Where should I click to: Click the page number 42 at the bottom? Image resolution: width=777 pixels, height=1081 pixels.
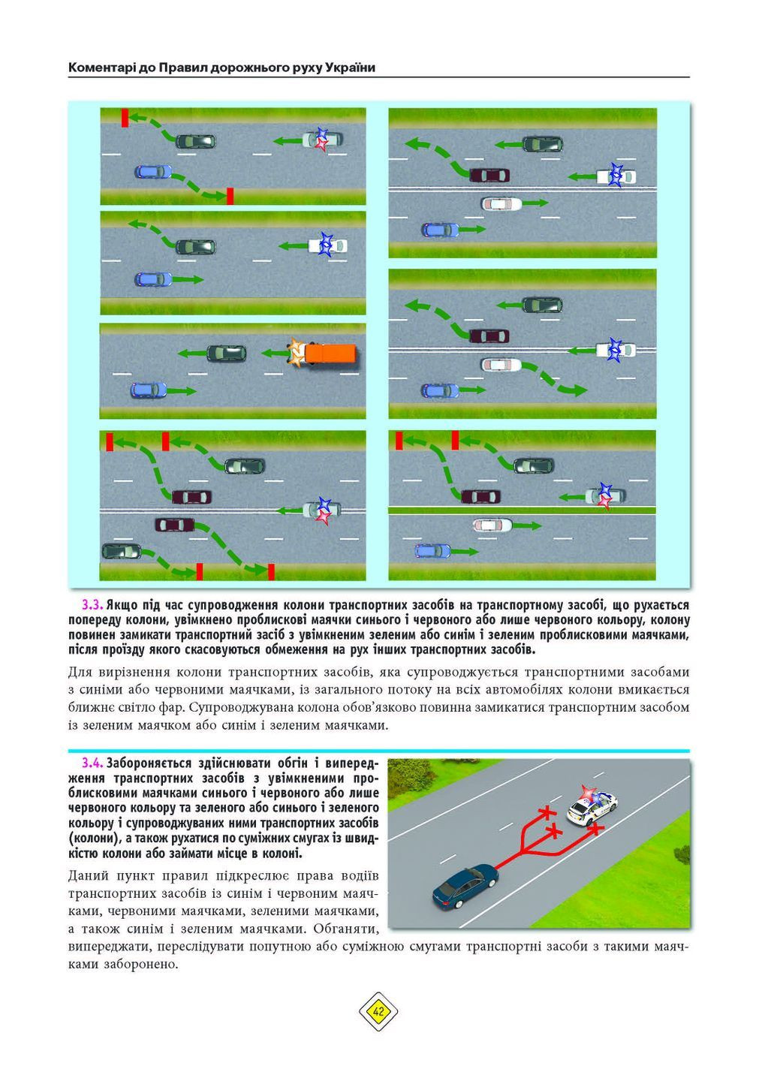coord(378,1011)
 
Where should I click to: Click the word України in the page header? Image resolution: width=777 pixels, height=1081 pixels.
coord(350,68)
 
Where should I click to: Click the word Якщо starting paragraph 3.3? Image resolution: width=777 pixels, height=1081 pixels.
coord(122,605)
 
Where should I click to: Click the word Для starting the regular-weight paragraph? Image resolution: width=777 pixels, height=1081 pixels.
coord(80,672)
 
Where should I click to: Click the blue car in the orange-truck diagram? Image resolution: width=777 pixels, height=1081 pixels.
coord(149,390)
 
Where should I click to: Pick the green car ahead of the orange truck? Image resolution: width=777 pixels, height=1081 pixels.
coord(226,353)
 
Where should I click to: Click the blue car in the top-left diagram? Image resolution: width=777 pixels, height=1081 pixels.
coord(153,172)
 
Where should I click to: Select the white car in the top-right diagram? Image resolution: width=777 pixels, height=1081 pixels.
coord(501,203)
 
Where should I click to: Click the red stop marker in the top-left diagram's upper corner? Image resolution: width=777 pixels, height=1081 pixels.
coord(125,116)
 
